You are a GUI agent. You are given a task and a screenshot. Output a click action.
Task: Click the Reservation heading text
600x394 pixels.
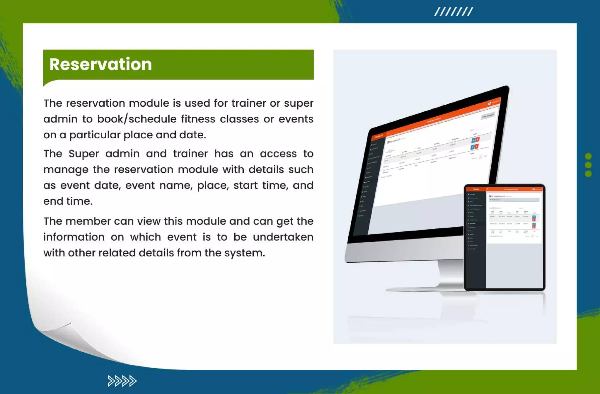click(100, 64)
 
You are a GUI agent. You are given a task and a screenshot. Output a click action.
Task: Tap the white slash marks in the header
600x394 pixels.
click(453, 12)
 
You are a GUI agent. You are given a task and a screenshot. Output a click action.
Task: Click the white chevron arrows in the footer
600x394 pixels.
click(122, 381)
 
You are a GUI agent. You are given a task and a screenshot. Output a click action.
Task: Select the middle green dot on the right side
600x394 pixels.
click(588, 165)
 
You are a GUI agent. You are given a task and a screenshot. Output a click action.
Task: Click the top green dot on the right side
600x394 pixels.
click(588, 156)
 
